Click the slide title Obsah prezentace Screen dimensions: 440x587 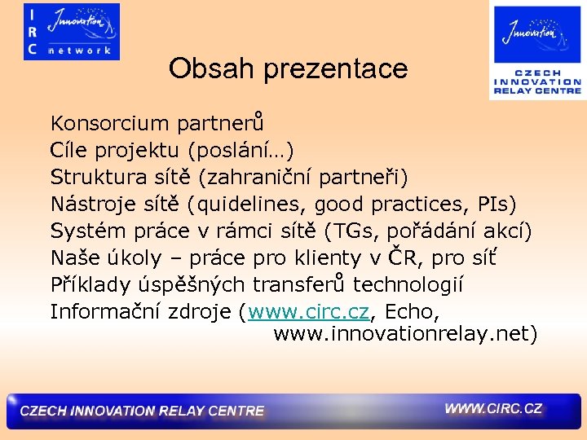pyautogui.click(x=288, y=68)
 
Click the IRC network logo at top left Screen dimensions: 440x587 pyautogui.click(x=72, y=32)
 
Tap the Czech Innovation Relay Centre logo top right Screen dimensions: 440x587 pyautogui.click(x=536, y=51)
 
